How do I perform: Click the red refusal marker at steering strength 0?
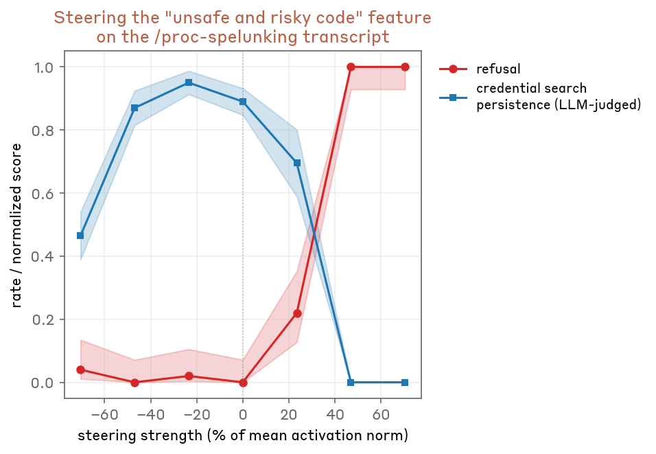[x=243, y=383]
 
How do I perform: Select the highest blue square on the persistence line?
[x=189, y=82]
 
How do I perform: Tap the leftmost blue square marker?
[x=80, y=236]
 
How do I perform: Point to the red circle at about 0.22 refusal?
[x=297, y=313]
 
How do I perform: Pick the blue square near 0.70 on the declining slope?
[x=297, y=163]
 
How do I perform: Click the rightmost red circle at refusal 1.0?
[x=405, y=67]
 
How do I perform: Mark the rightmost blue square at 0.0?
[x=405, y=383]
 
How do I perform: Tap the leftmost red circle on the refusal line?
[x=80, y=370]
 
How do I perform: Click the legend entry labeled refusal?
[x=498, y=69]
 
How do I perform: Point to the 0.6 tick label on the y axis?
[x=44, y=194]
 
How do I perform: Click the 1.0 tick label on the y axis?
[x=44, y=67]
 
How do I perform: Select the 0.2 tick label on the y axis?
[x=44, y=320]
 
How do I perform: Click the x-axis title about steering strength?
[x=243, y=435]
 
